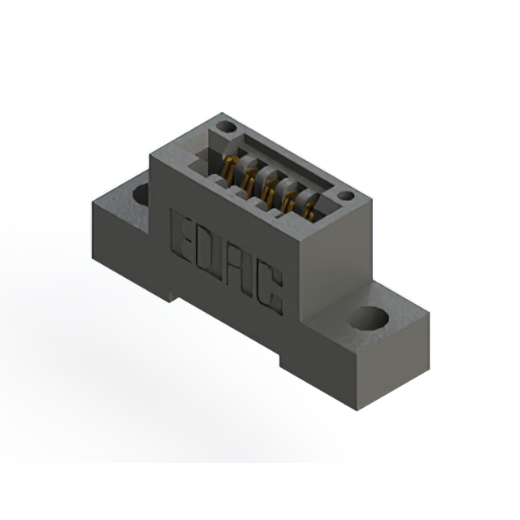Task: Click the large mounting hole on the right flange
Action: click(x=368, y=318)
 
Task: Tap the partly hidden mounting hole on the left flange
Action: click(x=141, y=194)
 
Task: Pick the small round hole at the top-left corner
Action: click(x=227, y=127)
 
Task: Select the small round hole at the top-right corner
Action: click(x=345, y=196)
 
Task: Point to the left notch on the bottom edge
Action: click(x=174, y=296)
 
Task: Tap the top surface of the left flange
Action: click(x=122, y=195)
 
